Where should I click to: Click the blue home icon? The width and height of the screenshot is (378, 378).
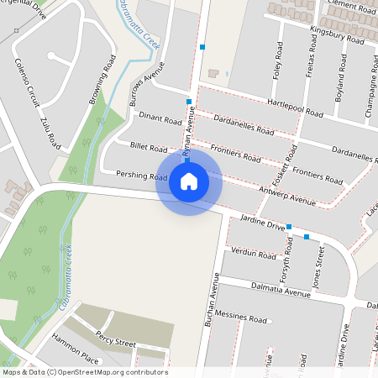pos(189,181)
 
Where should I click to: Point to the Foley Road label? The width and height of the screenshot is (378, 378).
pos(276,61)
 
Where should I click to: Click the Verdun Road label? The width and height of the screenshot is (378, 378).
pos(253,253)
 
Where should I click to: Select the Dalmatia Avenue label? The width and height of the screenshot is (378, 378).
pos(281,291)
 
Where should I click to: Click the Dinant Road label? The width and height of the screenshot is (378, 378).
pos(160,120)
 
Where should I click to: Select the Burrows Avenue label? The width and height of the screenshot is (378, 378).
pos(144,89)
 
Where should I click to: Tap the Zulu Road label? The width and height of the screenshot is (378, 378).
pos(50,129)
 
